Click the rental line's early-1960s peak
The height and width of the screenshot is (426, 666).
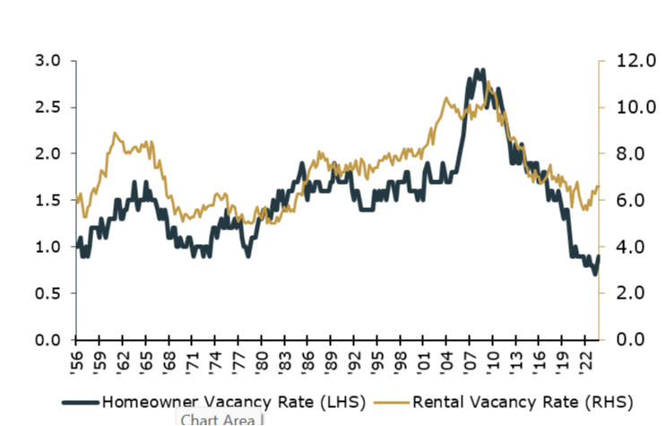coord(115,134)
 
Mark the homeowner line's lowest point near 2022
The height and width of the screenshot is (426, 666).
coord(592,274)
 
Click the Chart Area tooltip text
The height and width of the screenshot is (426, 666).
coord(218,419)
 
